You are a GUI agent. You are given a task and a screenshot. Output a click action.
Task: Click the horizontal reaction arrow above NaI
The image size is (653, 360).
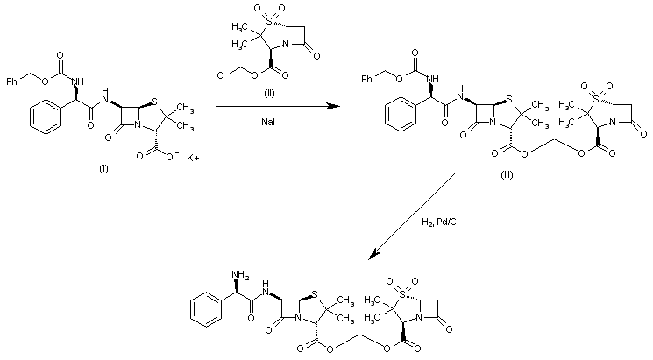276,106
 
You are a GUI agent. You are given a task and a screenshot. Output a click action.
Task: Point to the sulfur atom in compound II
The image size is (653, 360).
260,19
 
